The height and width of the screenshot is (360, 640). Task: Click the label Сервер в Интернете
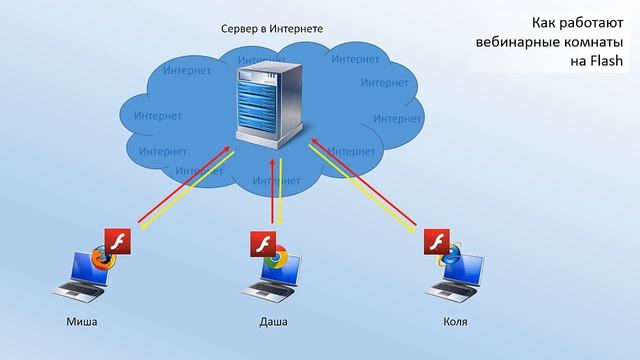pos(272,29)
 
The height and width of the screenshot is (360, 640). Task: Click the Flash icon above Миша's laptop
pos(118,241)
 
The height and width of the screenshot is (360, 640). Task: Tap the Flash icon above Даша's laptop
pos(261,243)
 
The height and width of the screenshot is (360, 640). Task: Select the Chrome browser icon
pos(276,256)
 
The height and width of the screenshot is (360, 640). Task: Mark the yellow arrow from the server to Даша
pos(281,190)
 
